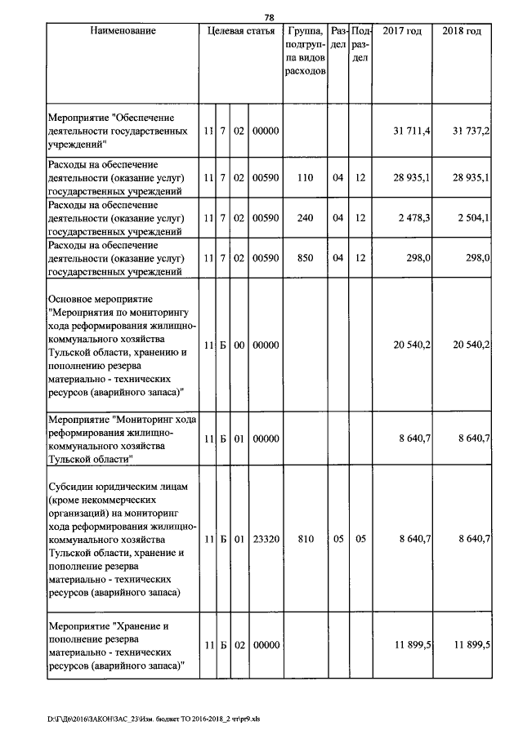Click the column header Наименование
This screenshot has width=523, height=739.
(x=123, y=31)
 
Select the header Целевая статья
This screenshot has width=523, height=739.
(x=241, y=31)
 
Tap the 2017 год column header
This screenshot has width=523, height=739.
(x=402, y=31)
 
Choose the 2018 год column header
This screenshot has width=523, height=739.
(x=462, y=31)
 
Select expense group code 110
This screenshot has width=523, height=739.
(x=305, y=178)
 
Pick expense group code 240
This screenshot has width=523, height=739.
(x=305, y=218)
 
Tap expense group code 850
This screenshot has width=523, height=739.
(x=305, y=258)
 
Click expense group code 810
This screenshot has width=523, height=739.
(x=305, y=540)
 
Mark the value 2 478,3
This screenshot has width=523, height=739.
(x=413, y=218)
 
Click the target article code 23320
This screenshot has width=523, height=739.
(x=266, y=540)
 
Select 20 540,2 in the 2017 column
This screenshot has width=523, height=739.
(x=411, y=346)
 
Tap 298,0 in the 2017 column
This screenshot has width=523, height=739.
(x=418, y=258)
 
